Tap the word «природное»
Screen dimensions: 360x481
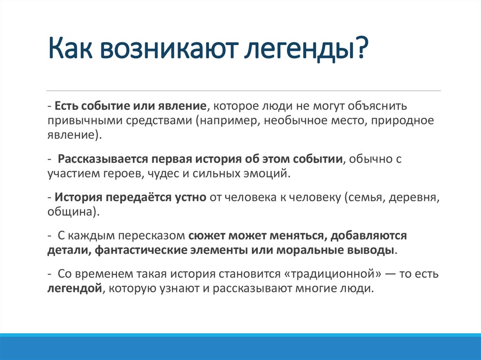pyautogui.click(x=402, y=121)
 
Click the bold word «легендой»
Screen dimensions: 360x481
pyautogui.click(x=75, y=289)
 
